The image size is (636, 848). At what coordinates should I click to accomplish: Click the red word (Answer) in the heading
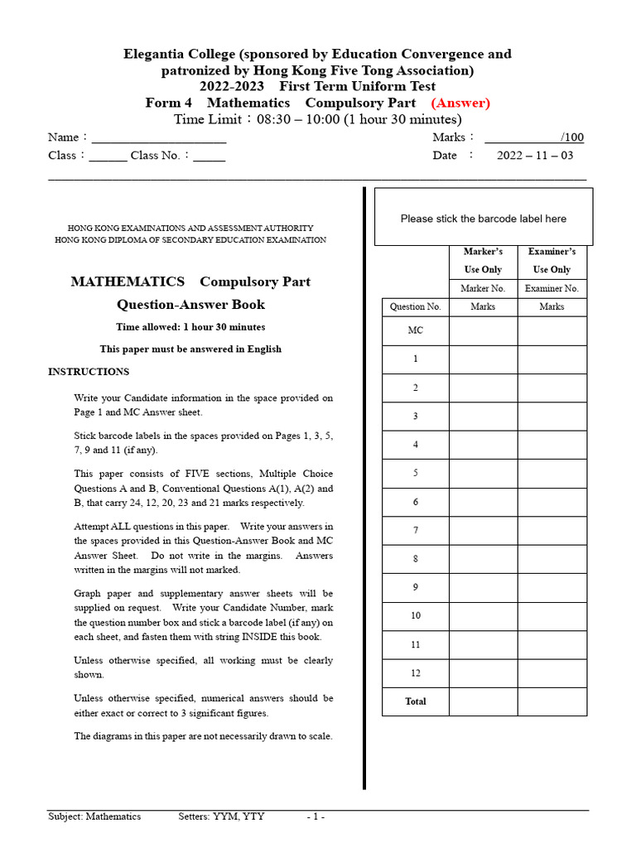[460, 103]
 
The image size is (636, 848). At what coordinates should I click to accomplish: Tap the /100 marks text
[571, 137]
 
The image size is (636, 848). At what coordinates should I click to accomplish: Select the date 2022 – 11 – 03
[534, 156]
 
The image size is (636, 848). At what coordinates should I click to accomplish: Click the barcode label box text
[484, 219]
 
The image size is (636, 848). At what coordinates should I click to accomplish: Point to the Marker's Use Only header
[483, 260]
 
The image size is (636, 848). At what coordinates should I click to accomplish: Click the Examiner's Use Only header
[552, 260]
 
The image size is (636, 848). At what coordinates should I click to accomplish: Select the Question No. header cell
[416, 306]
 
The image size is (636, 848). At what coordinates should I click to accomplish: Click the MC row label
[416, 330]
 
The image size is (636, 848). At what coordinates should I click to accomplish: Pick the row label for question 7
[416, 530]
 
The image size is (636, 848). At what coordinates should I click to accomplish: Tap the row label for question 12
[416, 673]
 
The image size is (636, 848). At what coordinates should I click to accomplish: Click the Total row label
[416, 701]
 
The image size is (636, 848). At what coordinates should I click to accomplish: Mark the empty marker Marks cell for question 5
[483, 474]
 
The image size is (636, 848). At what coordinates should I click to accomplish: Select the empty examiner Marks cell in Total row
[552, 701]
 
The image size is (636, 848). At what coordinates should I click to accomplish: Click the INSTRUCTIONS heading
[89, 372]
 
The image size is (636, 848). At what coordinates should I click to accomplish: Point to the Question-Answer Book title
[190, 305]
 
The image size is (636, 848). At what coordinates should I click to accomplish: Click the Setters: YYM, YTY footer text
[221, 817]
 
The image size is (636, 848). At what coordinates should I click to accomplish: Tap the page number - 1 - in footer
[316, 817]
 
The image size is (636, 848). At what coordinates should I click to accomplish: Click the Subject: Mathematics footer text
[94, 817]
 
